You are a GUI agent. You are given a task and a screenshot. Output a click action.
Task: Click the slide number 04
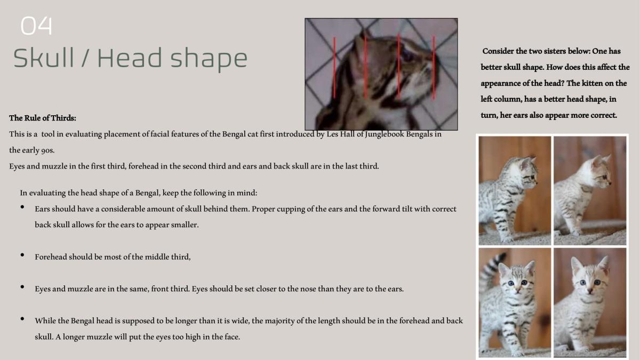(36, 26)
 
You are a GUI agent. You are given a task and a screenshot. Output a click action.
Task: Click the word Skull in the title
(44, 58)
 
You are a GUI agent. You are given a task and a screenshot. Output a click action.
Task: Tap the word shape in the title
(209, 60)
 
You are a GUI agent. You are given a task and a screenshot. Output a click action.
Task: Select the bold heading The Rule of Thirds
(43, 118)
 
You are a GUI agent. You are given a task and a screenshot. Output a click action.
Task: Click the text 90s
(47, 150)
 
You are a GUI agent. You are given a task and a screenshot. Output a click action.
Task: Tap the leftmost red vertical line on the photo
(334, 68)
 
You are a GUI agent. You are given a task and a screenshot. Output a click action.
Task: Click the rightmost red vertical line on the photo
(434, 68)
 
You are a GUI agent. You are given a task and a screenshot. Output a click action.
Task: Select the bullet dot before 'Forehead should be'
(22, 255)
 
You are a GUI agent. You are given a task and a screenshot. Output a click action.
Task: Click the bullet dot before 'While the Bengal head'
(22, 319)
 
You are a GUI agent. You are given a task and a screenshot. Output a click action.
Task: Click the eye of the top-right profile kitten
(605, 177)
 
